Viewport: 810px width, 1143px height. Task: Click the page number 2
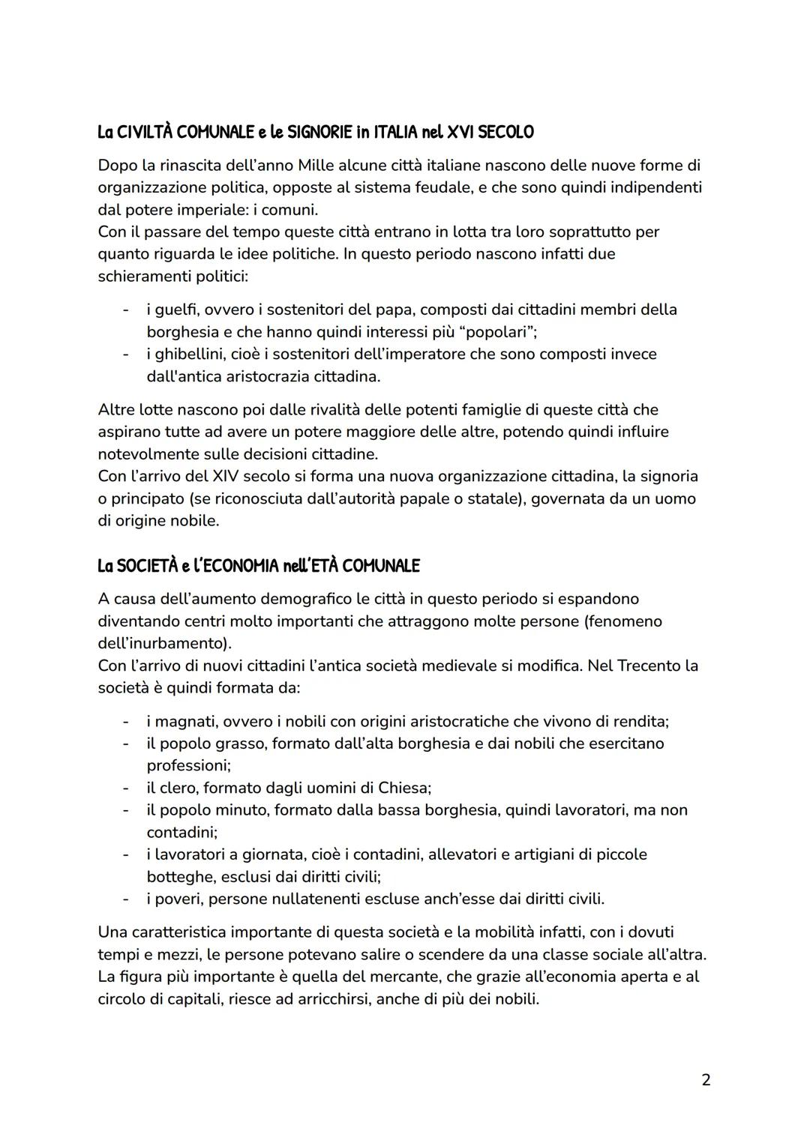(x=705, y=1080)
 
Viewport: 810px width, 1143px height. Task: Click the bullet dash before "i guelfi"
(x=126, y=310)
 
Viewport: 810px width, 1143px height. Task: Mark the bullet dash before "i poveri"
(x=126, y=899)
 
